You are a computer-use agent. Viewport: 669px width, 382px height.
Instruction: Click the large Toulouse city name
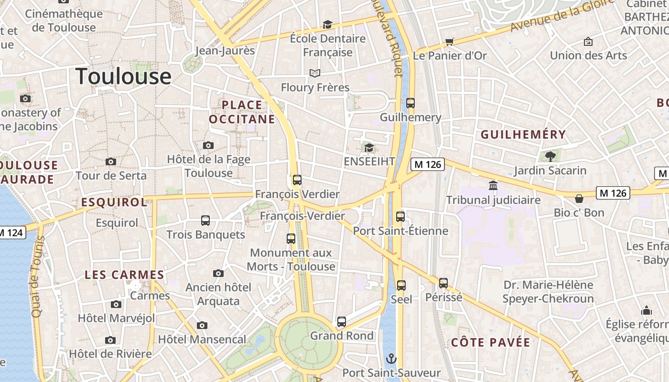click(123, 76)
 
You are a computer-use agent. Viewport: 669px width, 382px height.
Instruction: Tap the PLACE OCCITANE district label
click(242, 112)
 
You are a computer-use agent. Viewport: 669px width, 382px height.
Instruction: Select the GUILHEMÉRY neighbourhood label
click(523, 135)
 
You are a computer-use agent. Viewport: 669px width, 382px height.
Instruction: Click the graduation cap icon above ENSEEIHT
click(369, 148)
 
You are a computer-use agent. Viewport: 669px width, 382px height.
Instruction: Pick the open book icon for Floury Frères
click(314, 73)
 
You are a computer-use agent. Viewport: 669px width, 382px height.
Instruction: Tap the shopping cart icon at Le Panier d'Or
click(449, 42)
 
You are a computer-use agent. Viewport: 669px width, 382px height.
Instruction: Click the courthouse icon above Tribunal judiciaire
click(493, 185)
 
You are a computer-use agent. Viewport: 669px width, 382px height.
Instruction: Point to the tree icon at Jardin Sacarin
click(550, 156)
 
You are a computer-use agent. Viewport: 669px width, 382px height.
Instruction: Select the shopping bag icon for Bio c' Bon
click(579, 198)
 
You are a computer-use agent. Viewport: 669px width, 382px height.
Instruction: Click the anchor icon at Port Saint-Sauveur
click(391, 358)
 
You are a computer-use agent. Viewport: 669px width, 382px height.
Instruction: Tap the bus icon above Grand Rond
click(342, 321)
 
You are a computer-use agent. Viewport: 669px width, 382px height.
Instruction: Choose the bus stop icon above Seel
click(401, 285)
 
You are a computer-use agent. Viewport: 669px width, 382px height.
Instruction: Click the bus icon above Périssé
click(443, 283)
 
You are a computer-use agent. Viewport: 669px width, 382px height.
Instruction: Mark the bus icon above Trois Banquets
click(205, 220)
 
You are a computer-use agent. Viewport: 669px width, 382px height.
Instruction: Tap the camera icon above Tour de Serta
click(111, 161)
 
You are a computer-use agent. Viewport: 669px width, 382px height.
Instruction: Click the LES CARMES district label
click(124, 275)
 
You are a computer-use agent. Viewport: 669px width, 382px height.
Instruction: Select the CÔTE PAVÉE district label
click(491, 342)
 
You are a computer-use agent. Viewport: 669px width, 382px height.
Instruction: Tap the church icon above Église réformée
click(647, 310)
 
